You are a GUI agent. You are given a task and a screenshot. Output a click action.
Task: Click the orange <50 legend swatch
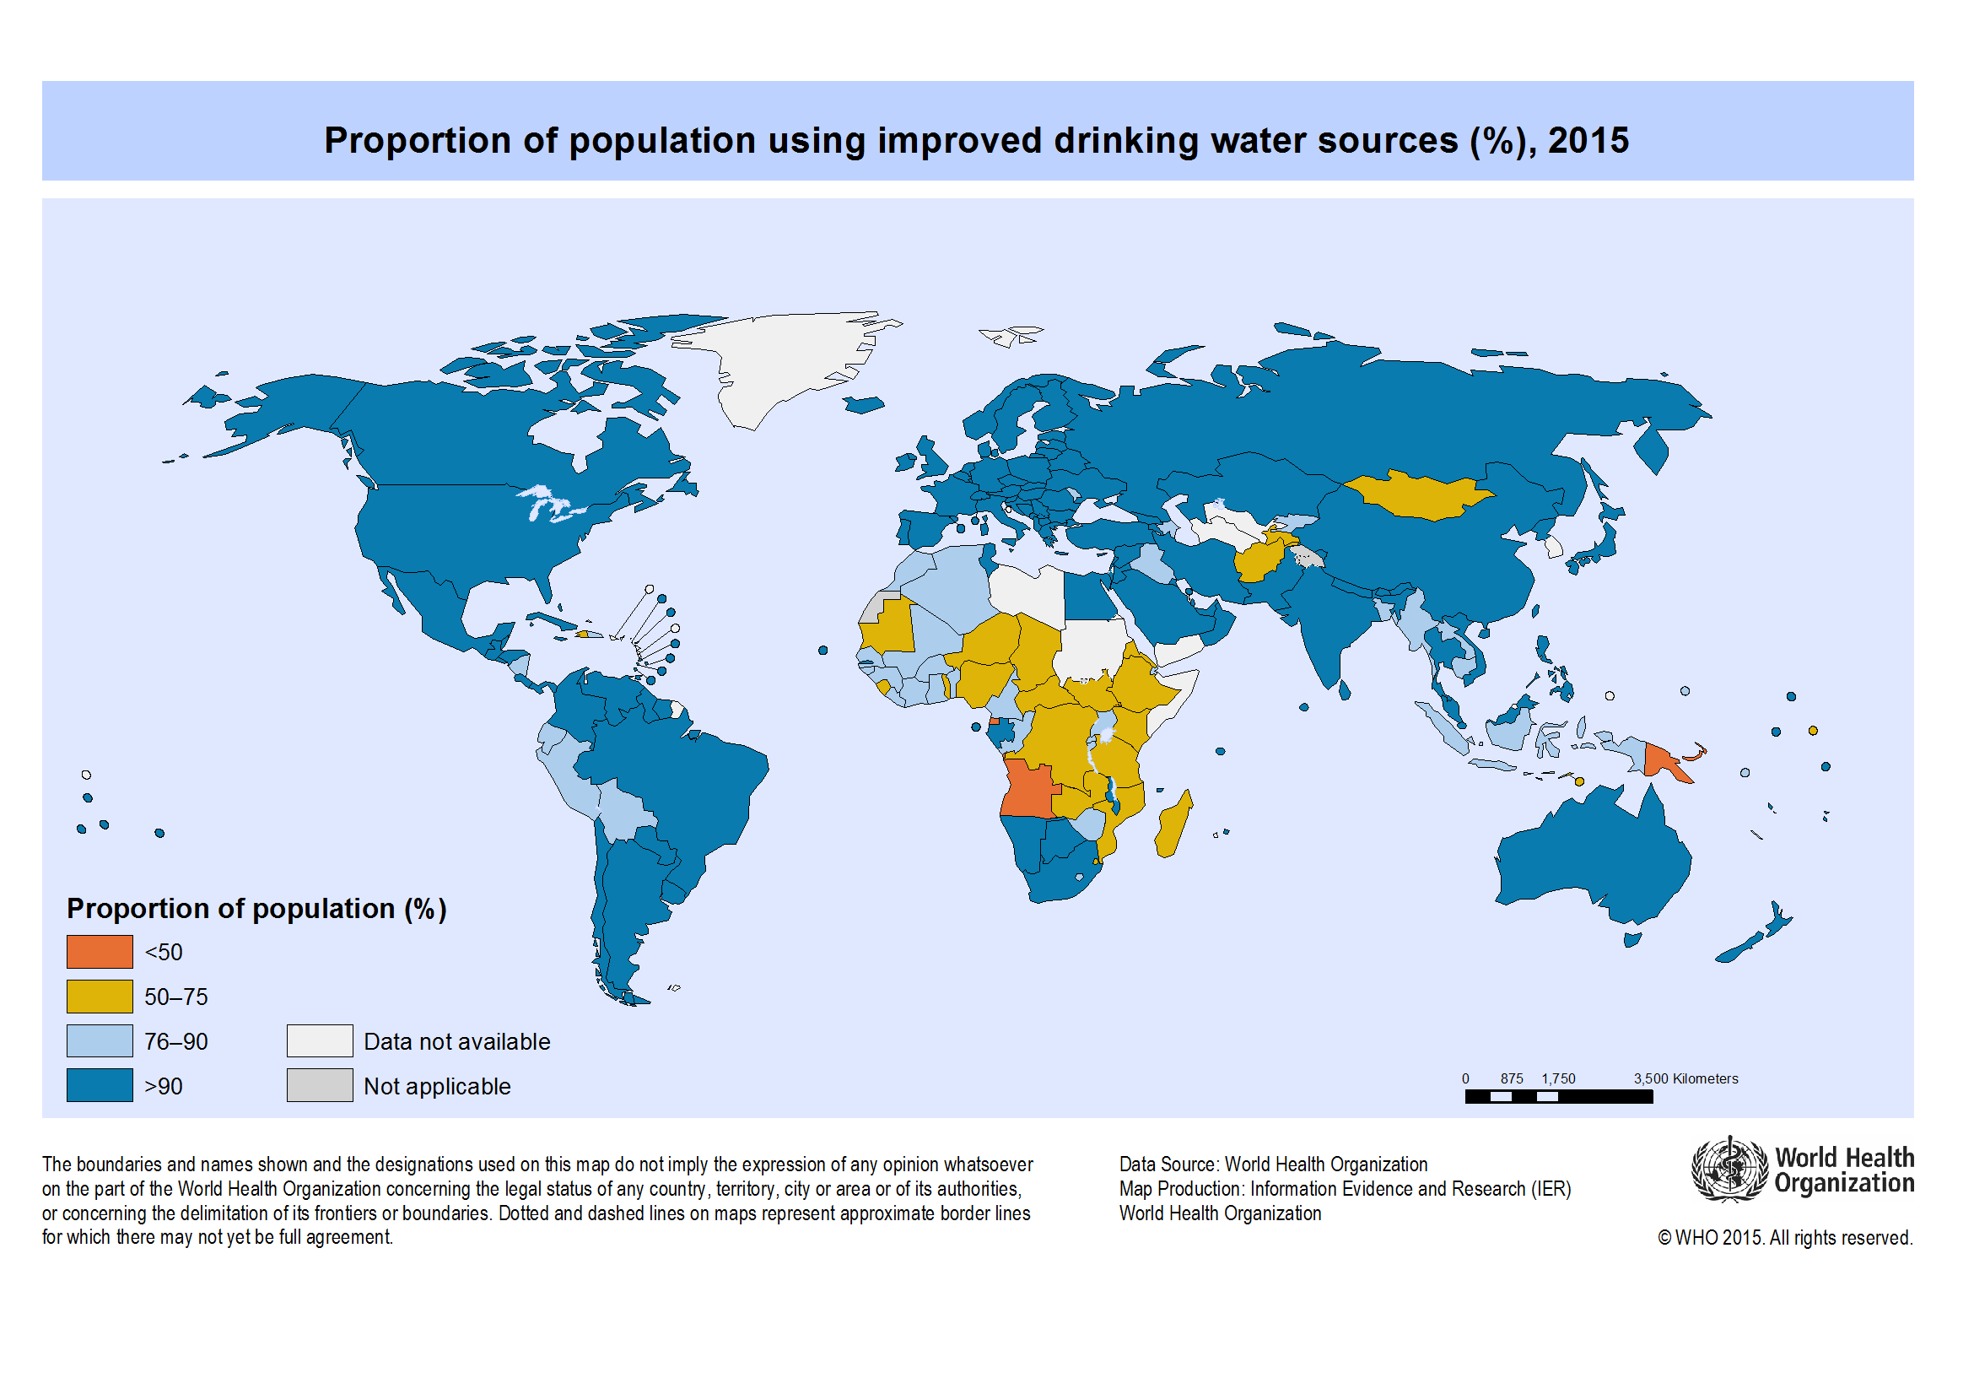(100, 952)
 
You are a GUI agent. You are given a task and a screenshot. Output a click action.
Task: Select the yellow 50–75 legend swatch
(100, 997)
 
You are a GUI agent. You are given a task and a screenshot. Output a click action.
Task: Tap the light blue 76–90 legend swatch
(100, 1041)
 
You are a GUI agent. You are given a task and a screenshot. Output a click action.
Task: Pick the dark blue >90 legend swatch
(100, 1085)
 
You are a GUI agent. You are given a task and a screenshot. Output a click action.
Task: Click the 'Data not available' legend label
(456, 1041)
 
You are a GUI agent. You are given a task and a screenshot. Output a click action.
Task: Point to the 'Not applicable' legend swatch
(320, 1085)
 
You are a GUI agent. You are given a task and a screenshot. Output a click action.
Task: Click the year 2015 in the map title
(1588, 141)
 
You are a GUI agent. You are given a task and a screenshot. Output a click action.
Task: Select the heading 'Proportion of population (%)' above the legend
(256, 909)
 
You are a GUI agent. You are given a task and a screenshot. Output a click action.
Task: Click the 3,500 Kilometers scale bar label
(1685, 1078)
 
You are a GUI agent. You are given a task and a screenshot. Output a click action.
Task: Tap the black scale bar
(1558, 1097)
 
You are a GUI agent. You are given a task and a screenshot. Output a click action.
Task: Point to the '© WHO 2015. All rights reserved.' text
(1785, 1238)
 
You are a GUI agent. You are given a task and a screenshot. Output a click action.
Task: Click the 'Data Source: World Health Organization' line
(1272, 1164)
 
